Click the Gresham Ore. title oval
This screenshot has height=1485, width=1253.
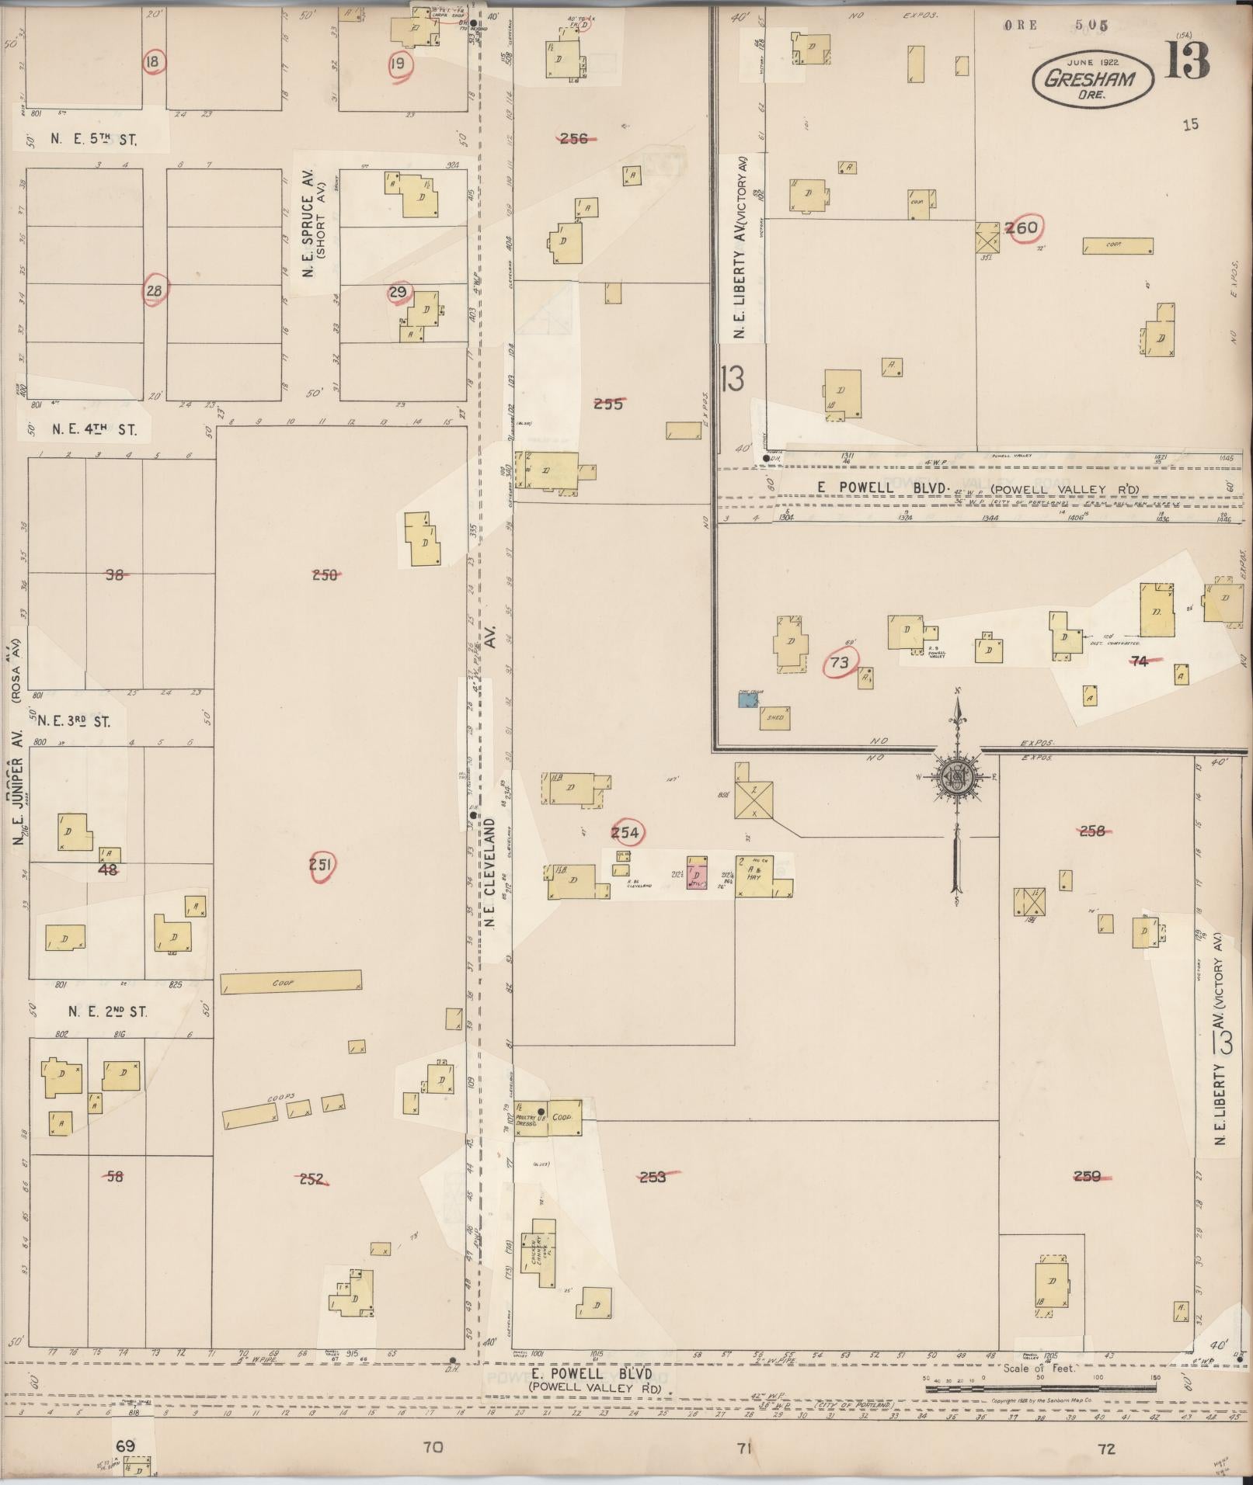1091,78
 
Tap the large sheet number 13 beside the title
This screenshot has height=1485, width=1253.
1187,60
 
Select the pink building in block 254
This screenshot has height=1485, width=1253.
697,873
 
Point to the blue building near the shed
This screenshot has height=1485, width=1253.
748,700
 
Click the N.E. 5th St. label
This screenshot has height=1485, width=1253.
93,141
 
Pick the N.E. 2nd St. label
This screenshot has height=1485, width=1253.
107,1011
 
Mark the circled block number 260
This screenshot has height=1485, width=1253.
1022,228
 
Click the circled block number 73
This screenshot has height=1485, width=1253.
840,662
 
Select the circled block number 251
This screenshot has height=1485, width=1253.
321,866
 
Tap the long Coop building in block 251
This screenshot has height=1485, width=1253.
291,982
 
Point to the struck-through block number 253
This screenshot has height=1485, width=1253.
653,1177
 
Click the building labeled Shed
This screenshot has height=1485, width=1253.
775,718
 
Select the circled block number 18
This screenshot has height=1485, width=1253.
155,61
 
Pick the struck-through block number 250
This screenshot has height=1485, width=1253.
325,575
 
